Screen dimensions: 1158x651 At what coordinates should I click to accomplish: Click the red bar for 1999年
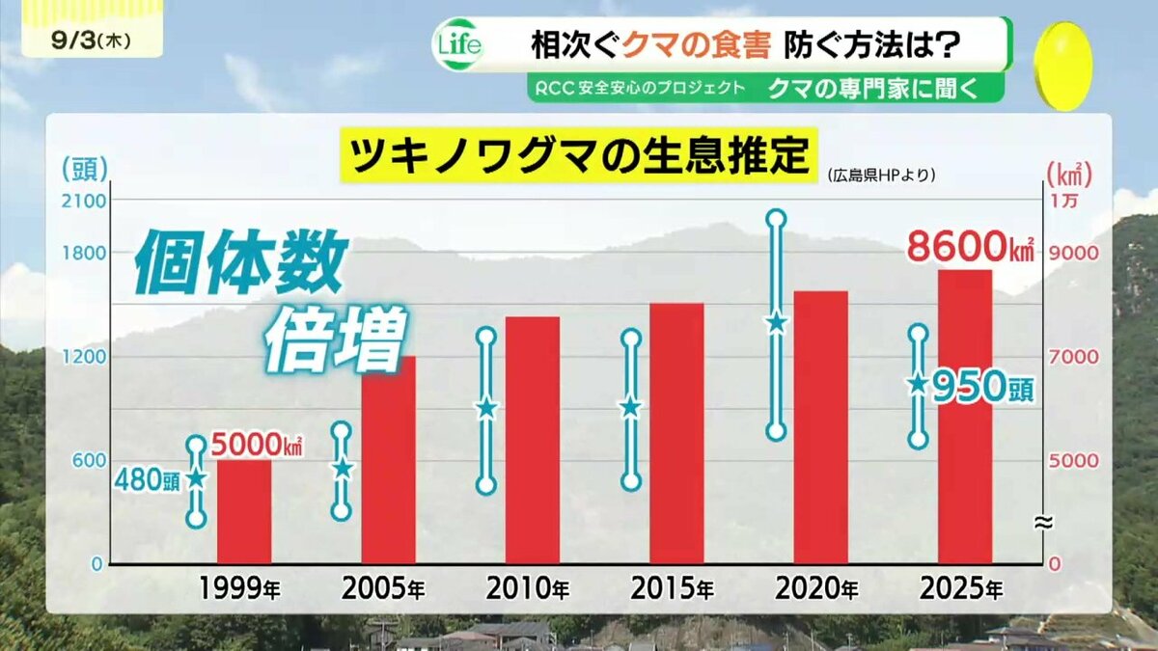click(x=244, y=511)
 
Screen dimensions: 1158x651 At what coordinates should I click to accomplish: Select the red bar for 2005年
click(x=389, y=460)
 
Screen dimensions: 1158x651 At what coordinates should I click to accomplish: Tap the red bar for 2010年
click(x=533, y=440)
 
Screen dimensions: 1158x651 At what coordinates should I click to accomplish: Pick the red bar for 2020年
click(x=821, y=427)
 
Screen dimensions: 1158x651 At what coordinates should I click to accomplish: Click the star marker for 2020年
click(x=777, y=324)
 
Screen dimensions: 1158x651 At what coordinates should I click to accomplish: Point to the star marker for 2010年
click(x=486, y=409)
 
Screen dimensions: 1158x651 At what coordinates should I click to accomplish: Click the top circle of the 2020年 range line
click(x=777, y=220)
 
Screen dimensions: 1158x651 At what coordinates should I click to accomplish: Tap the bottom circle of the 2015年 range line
click(x=631, y=481)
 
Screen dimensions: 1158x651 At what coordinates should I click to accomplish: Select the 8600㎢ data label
click(x=971, y=248)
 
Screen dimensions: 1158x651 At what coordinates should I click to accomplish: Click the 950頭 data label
click(x=983, y=388)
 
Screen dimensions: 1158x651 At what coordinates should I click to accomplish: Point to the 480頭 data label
click(x=148, y=480)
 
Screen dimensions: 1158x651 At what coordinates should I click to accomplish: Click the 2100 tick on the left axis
click(x=84, y=201)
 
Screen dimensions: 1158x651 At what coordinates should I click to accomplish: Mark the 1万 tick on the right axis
click(x=1062, y=201)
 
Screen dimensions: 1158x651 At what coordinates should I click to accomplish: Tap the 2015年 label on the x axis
click(x=672, y=588)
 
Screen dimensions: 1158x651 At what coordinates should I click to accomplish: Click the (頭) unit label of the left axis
click(x=85, y=169)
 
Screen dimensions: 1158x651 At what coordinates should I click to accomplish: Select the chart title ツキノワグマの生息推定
click(x=578, y=155)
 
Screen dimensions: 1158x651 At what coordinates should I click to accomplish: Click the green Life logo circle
click(x=459, y=45)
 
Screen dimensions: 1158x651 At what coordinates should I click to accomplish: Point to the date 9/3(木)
click(x=91, y=41)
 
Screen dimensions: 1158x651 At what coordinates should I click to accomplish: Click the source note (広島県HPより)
click(x=881, y=176)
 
